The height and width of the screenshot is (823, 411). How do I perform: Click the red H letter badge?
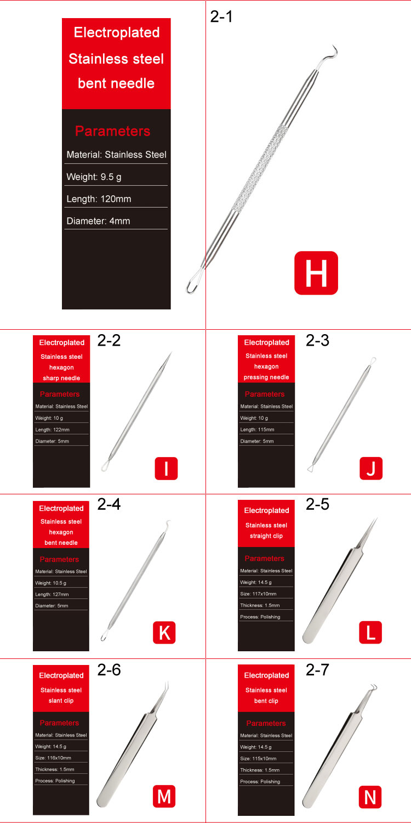coord(316,273)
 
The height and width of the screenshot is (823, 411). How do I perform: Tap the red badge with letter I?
coord(166,469)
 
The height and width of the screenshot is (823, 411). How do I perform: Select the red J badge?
coord(371,469)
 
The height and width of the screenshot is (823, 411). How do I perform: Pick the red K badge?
coord(164,633)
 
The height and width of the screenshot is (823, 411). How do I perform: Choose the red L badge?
coord(370,633)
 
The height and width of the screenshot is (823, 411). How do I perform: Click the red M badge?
coord(164,796)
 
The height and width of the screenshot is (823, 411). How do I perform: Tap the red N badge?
coord(370,797)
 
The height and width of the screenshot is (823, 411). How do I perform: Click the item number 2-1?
coord(221,16)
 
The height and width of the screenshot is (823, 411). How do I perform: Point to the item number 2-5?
coord(317,504)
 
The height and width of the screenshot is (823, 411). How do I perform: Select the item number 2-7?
coord(317,669)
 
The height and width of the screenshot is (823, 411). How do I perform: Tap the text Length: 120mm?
coord(99,199)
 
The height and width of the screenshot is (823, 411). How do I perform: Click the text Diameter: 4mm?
coord(98,221)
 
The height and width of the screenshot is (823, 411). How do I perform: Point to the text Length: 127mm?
coord(52,594)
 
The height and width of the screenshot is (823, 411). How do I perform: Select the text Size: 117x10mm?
coord(258,594)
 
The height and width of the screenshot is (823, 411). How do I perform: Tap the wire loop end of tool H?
coord(193,284)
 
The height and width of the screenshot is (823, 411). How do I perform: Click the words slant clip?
coord(60,701)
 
